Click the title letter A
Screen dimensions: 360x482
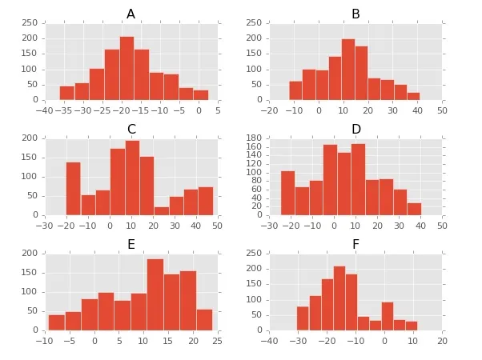131,14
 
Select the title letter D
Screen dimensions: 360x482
356,130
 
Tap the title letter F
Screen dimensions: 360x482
355,244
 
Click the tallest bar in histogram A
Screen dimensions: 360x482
127,69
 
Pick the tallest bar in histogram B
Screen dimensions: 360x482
348,70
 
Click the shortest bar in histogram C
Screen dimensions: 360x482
162,211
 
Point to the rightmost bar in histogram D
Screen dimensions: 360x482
414,209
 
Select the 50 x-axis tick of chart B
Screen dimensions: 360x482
442,110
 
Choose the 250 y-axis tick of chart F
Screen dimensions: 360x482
257,253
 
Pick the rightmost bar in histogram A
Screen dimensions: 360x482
200,95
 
